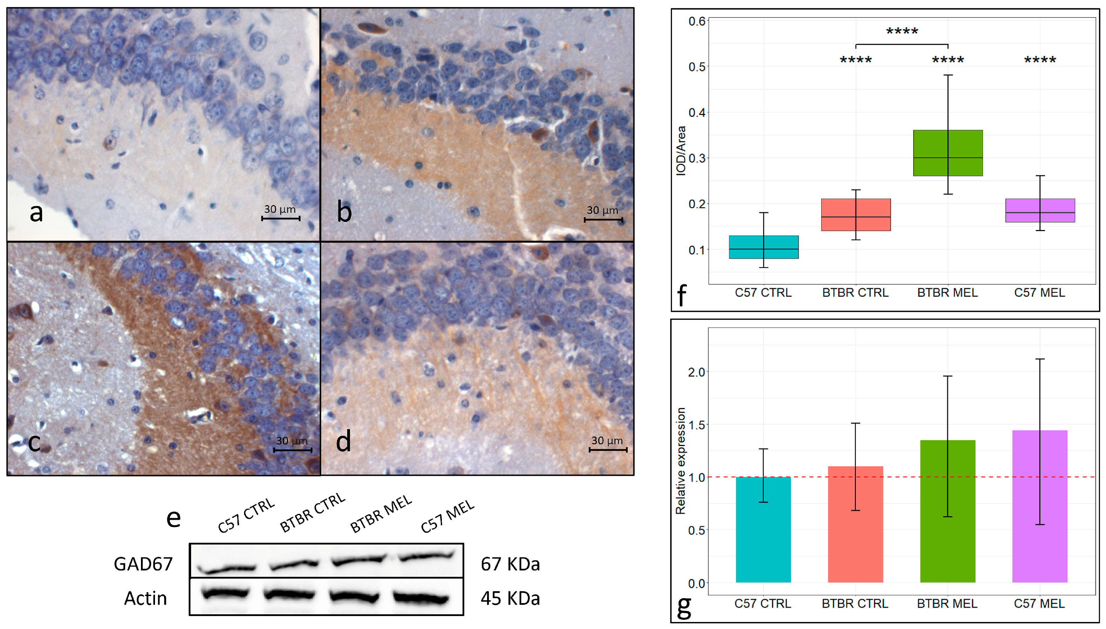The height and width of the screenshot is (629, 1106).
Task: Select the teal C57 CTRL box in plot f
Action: point(763,247)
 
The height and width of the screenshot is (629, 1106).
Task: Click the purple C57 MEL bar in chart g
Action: point(1039,506)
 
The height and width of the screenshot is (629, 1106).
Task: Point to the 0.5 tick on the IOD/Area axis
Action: point(696,67)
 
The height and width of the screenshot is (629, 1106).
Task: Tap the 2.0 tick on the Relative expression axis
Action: point(696,372)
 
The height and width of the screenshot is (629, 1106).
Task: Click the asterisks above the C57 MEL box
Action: point(1039,60)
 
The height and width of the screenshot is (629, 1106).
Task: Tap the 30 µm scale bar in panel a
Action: point(281,218)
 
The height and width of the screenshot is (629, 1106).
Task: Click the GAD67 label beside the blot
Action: point(143,564)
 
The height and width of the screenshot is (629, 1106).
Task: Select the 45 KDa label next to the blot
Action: point(510,598)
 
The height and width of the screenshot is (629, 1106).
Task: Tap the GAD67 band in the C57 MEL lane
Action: point(426,556)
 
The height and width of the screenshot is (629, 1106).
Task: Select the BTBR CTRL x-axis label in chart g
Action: point(855,603)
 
